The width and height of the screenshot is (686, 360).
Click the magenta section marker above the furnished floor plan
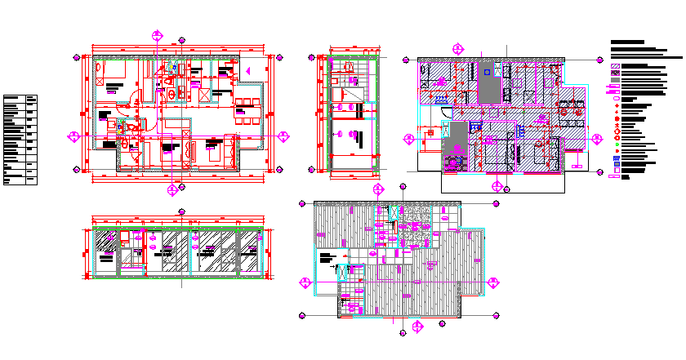coord(157,35)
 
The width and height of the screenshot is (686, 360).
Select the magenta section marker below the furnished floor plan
coord(172,190)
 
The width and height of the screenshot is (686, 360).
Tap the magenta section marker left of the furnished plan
coord(73,136)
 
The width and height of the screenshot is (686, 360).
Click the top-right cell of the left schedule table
coord(32,99)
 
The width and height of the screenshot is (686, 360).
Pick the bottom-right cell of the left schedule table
coord(32,181)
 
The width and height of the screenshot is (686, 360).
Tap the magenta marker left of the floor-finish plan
coord(305,282)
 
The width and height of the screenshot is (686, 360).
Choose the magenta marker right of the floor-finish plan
coord(493,282)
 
